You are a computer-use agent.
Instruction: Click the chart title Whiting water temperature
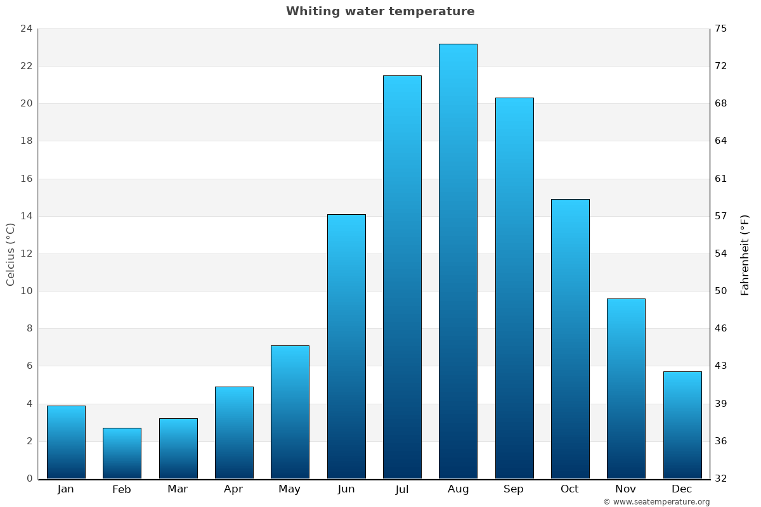[x=380, y=11]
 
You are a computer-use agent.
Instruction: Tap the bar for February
[x=122, y=453]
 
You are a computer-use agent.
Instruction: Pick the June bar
[x=346, y=346]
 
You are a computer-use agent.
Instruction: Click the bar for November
[x=626, y=388]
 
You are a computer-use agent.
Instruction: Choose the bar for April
[x=234, y=432]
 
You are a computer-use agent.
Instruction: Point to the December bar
[x=682, y=425]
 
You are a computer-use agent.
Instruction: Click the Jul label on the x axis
[x=402, y=489]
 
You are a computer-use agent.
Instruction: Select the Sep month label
[x=514, y=489]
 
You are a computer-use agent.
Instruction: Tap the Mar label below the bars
[x=178, y=489]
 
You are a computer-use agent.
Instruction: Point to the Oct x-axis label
[x=569, y=489]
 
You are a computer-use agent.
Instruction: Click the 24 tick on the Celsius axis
[x=26, y=29]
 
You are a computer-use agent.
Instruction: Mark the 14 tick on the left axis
[x=26, y=216]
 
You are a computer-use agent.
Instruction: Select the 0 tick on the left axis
[x=29, y=478]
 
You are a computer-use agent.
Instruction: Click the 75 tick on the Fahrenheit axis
[x=721, y=29]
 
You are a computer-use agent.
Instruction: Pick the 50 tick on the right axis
[x=721, y=291]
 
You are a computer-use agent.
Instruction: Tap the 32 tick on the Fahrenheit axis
[x=721, y=478]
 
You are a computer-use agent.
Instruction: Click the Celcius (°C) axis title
[x=10, y=253]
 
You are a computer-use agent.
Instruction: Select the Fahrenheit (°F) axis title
[x=745, y=254]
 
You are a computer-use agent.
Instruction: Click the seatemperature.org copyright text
[x=656, y=502]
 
